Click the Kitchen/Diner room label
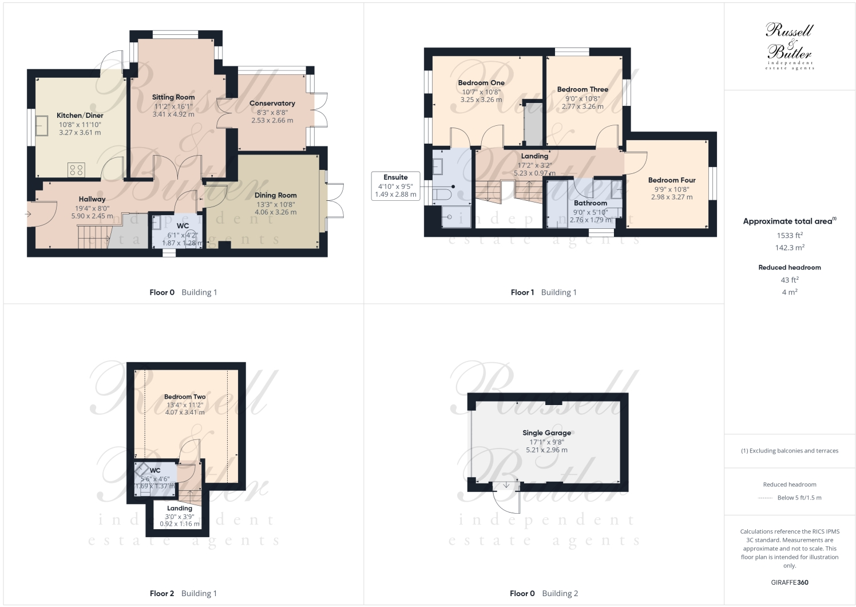pos(80,116)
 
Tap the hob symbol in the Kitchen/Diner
pos(76,169)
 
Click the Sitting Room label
pos(173,97)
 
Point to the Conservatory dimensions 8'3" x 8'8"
pos(272,113)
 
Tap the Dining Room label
pos(275,195)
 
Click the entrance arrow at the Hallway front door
pos(28,214)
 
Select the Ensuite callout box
pos(395,186)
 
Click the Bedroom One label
pos(481,83)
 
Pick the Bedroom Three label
pos(582,90)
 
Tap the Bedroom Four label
pos(671,180)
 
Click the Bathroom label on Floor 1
pos(590,203)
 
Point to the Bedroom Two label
pos(184,396)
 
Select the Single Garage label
pos(546,433)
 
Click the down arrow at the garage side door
pos(506,485)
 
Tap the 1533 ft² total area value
pos(789,235)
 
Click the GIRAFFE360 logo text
pos(789,582)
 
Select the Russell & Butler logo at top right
pos(789,46)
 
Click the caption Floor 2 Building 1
pos(183,593)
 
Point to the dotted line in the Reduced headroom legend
pos(765,498)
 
